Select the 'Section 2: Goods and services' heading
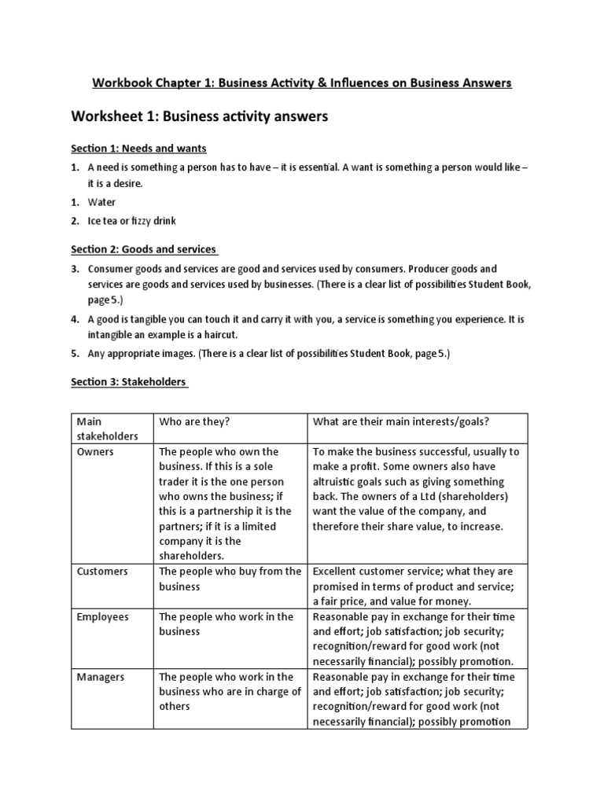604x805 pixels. tap(144, 249)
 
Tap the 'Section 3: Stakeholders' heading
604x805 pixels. tap(129, 382)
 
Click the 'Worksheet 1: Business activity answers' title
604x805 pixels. tap(199, 116)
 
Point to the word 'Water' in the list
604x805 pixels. tap(101, 202)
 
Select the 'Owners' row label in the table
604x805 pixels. tap(95, 452)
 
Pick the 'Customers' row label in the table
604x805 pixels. tap(102, 572)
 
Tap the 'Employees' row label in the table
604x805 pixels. tap(102, 617)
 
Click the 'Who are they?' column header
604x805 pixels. tap(194, 421)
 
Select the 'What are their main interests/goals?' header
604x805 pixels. tap(401, 421)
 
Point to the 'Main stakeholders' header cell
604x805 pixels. tap(108, 428)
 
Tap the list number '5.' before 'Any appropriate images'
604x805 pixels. tap(75, 354)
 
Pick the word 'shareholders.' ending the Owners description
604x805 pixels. tap(191, 556)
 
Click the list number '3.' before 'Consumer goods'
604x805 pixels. tap(75, 269)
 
